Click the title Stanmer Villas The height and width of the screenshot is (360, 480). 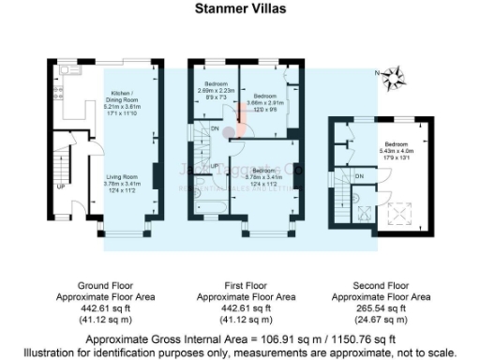pos(239,11)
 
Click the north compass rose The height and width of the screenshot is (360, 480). pos(393,74)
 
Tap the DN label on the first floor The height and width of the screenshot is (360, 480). pos(216,127)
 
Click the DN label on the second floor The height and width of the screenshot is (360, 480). pos(359,175)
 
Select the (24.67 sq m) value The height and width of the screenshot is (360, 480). pos(381,319)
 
